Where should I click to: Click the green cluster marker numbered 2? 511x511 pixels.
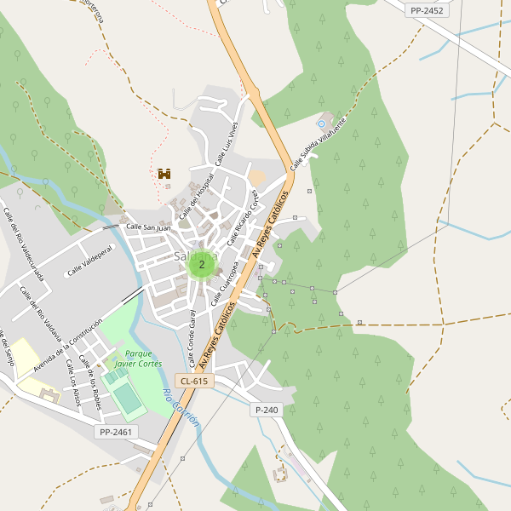[201, 265]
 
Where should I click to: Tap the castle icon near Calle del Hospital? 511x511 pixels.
[164, 174]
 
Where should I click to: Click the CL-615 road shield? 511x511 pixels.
[193, 381]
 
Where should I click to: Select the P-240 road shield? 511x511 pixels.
[267, 410]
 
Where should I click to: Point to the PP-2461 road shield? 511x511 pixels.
[115, 433]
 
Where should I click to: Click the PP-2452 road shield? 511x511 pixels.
[427, 10]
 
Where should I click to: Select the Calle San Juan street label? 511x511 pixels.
[148, 227]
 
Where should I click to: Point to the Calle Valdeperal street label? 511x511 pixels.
[90, 260]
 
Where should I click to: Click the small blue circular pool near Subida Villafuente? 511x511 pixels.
[322, 124]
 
